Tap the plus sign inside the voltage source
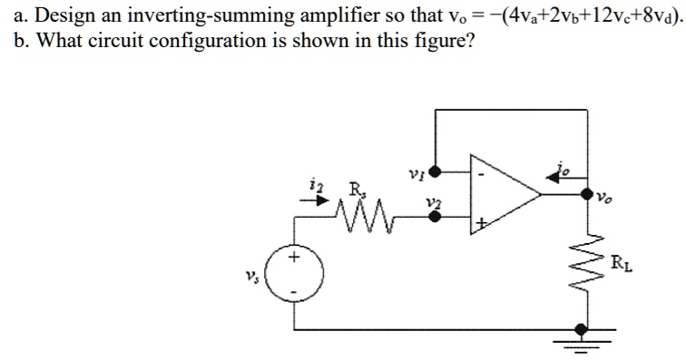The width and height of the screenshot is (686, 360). point(293,258)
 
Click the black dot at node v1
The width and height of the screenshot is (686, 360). point(436,170)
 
